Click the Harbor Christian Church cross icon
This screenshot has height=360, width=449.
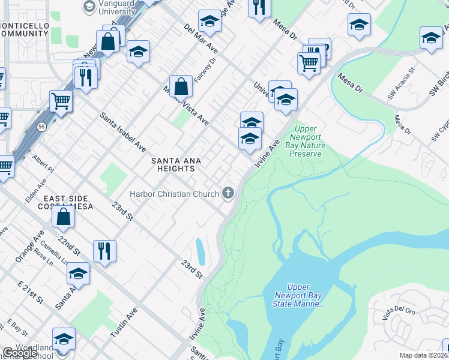228,193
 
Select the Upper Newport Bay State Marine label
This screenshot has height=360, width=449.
298,296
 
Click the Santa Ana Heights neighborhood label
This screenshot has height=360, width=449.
176,164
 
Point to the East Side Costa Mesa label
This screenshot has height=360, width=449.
66,202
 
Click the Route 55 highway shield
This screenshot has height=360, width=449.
40,127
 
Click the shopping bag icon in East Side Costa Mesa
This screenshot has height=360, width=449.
64,218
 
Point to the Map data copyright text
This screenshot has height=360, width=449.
424,355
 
